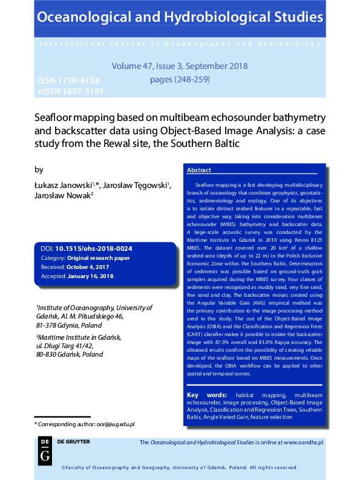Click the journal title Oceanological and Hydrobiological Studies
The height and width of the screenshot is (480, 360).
180,16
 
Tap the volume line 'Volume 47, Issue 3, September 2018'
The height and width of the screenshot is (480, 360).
180,66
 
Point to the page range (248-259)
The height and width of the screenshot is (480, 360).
180,79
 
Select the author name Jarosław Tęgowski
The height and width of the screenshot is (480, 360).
136,185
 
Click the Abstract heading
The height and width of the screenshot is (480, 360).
199,170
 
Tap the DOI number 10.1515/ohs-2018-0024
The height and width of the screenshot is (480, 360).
94,248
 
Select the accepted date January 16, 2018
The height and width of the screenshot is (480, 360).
90,276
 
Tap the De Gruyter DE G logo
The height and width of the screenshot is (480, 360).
44,450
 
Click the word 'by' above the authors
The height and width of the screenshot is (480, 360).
39,170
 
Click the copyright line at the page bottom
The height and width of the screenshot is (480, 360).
180,467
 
